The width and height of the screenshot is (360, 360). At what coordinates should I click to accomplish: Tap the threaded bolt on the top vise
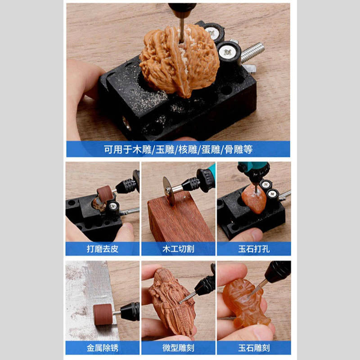[252, 52]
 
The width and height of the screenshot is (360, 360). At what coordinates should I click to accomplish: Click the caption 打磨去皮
[103, 249]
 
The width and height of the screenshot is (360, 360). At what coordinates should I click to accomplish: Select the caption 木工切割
[178, 249]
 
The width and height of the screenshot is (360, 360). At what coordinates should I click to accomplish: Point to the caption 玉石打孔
[254, 249]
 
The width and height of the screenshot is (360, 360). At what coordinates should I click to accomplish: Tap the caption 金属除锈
[103, 348]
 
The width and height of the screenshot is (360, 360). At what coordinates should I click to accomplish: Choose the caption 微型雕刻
[178, 348]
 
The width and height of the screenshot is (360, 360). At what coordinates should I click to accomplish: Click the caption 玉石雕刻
[254, 348]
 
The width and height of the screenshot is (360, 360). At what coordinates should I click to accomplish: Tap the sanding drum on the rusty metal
[103, 314]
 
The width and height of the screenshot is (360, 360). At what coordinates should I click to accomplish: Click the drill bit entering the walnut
[182, 30]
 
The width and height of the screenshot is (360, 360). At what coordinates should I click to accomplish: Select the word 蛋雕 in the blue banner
[211, 149]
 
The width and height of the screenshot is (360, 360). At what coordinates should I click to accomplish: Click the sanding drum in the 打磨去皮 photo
[105, 193]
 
